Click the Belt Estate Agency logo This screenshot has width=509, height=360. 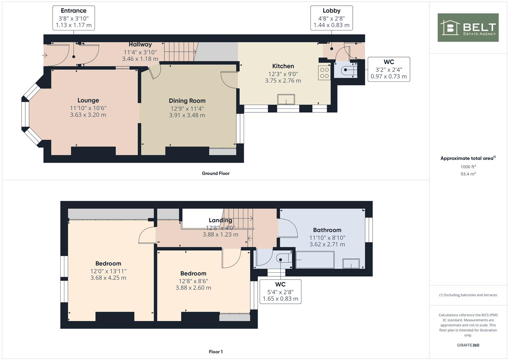468,27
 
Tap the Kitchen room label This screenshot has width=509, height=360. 283,66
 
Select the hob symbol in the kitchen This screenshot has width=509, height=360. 324,73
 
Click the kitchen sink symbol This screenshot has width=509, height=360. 286,99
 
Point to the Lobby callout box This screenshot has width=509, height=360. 331,18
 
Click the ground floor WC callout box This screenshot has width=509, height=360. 389,69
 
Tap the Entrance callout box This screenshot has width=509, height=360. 73,18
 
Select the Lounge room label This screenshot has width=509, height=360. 88,100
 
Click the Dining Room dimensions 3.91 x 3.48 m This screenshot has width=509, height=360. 187,115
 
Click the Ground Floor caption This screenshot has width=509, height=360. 216,173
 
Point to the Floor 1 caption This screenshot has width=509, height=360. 216,352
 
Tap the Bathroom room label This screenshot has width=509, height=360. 327,230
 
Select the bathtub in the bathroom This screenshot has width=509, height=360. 315,260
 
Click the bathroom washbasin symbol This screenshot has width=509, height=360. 351,263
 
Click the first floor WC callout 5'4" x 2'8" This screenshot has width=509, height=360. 280,292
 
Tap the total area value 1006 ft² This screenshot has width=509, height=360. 468,167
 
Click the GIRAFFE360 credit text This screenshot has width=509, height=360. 468,345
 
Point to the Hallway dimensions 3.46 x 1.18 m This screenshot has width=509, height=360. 140,59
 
